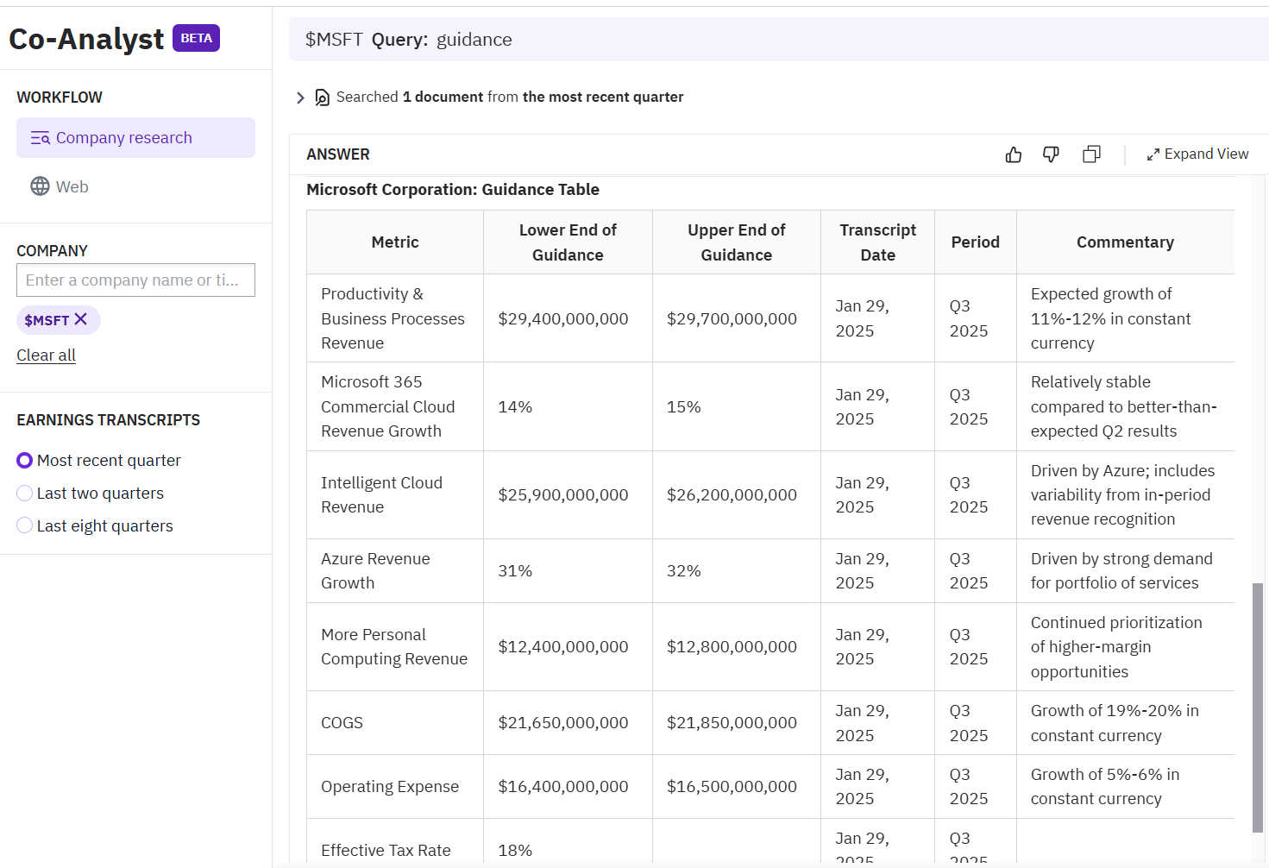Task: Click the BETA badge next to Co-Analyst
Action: pos(196,38)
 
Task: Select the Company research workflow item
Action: pos(135,138)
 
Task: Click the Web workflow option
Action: pos(72,186)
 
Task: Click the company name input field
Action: pos(135,280)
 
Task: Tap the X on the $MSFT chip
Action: pos(81,319)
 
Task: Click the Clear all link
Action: pos(46,355)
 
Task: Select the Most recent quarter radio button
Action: pos(25,461)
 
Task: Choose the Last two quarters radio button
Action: pos(25,494)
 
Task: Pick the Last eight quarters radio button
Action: pos(25,526)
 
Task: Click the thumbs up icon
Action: pos(1014,154)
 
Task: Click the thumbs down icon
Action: pos(1051,154)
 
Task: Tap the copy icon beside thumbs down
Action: pos(1091,154)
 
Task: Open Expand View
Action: pos(1197,154)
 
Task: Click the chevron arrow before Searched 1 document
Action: pos(300,97)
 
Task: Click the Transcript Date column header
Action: pos(877,242)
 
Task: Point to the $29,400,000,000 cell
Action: pos(563,318)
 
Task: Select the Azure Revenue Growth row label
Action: pos(375,570)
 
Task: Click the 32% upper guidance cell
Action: pos(684,570)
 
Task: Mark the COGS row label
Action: pos(342,723)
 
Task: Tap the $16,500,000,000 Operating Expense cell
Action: pos(732,787)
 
